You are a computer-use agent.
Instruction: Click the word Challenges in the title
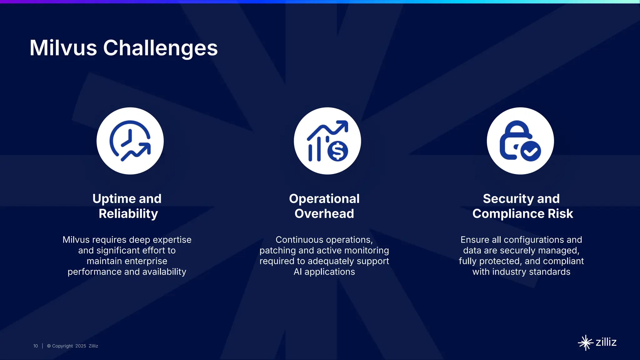(160, 48)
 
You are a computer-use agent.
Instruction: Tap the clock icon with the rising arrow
(130, 141)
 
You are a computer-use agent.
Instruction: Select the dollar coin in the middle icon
(337, 151)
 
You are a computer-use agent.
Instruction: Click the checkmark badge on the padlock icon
(531, 151)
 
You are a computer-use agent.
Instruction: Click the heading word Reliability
(128, 214)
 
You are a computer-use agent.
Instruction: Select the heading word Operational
(324, 199)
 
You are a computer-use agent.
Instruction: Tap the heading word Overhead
(324, 214)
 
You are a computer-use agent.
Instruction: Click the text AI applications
(324, 272)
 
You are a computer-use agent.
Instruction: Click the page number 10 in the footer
(36, 346)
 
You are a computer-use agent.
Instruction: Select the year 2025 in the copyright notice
(81, 346)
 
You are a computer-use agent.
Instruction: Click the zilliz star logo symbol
(585, 343)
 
